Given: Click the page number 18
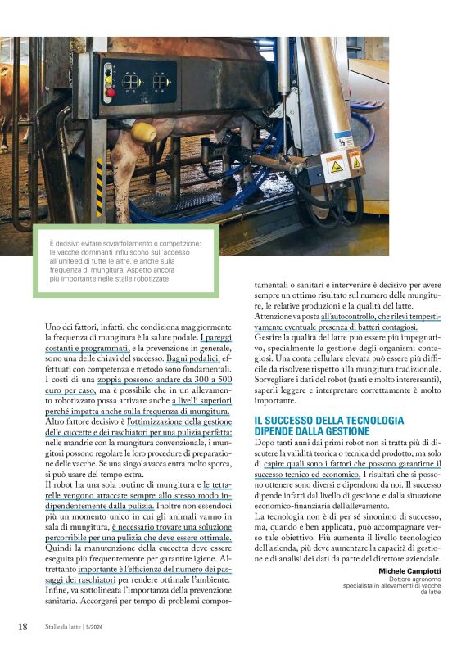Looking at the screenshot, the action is tap(23, 627).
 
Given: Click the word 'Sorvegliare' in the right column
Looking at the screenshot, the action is tap(278, 380).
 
